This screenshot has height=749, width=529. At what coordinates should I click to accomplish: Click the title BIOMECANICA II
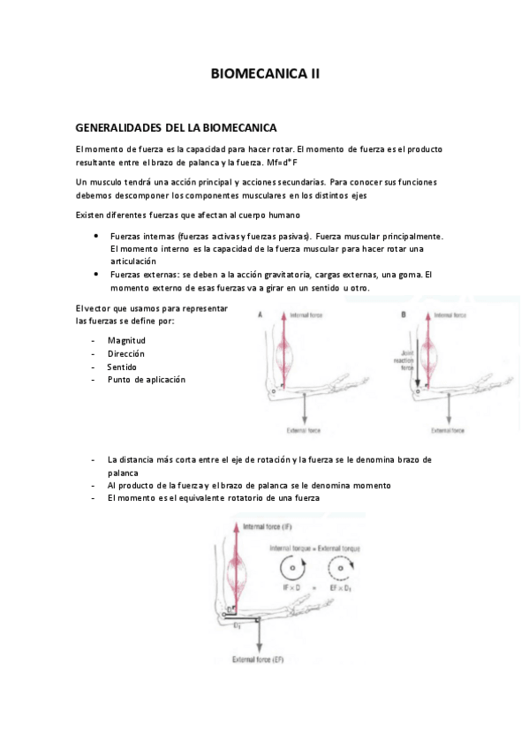tap(265, 75)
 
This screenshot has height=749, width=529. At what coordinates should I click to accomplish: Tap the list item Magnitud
tap(126, 340)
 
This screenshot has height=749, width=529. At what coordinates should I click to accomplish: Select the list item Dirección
tap(126, 353)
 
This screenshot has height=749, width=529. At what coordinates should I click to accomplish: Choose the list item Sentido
tap(124, 367)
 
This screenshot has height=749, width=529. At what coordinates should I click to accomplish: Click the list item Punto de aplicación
tap(147, 380)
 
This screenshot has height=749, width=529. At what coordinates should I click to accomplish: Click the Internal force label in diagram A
tap(315, 314)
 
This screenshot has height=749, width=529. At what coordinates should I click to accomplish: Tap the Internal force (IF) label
tap(273, 527)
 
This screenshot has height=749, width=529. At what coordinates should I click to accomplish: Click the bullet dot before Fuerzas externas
tap(95, 275)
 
